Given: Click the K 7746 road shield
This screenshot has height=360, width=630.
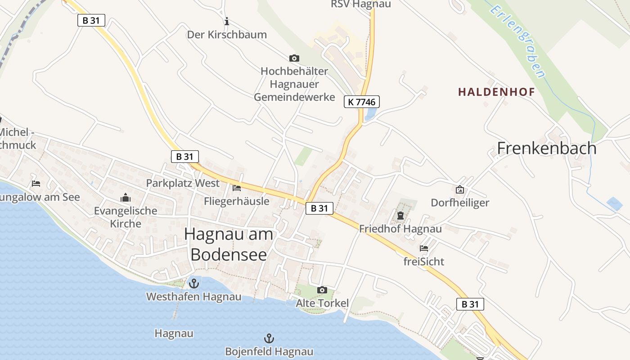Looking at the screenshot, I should click(x=362, y=102).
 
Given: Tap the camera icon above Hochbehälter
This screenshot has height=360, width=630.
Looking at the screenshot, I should click(x=294, y=58).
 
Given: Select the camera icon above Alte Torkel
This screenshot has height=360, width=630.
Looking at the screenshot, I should click(x=322, y=290).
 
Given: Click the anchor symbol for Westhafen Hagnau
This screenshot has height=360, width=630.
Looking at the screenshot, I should click(x=194, y=283).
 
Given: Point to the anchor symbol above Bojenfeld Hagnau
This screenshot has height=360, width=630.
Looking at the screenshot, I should click(x=269, y=338).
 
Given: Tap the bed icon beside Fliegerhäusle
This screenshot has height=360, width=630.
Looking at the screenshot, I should click(x=237, y=188).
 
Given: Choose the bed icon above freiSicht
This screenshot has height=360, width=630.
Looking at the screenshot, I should click(x=423, y=248).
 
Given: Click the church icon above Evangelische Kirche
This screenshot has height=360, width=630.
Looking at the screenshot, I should click(x=125, y=197).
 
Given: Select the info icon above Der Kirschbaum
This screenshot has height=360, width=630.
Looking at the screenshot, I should click(x=227, y=21).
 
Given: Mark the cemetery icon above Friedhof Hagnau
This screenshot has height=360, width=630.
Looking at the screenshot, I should click(x=400, y=216).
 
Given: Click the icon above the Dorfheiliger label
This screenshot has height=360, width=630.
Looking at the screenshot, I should click(x=460, y=189).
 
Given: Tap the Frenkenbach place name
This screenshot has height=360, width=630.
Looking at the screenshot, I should click(x=547, y=148).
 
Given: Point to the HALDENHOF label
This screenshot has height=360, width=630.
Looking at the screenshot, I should click(x=496, y=92).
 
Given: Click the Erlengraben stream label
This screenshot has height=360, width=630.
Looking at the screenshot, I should click(x=518, y=41).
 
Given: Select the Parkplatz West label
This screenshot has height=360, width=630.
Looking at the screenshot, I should click(x=183, y=183).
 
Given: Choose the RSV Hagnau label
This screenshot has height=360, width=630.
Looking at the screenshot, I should click(x=361, y=4).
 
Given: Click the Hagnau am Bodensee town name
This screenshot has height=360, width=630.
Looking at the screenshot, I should click(x=229, y=244).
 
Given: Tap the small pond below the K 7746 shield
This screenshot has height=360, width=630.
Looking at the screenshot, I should click(x=370, y=114).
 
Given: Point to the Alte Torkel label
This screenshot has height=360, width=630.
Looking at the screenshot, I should click(x=322, y=303).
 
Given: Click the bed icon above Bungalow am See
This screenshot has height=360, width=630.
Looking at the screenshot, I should click(x=36, y=183).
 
